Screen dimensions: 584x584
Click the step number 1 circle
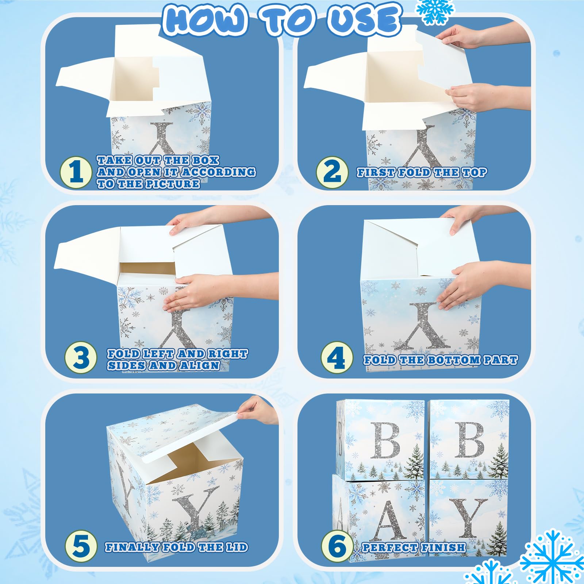click(76, 172)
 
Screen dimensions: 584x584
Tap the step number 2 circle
click(332, 172)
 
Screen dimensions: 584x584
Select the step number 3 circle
click(81, 357)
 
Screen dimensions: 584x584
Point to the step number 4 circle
click(337, 357)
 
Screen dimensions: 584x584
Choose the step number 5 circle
click(81, 546)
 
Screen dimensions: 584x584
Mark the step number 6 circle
click(337, 546)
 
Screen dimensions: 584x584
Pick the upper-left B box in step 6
click(381, 440)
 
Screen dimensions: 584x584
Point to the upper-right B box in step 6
click(469, 440)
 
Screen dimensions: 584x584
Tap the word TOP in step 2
click(474, 172)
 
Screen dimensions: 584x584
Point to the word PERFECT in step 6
click(389, 547)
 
